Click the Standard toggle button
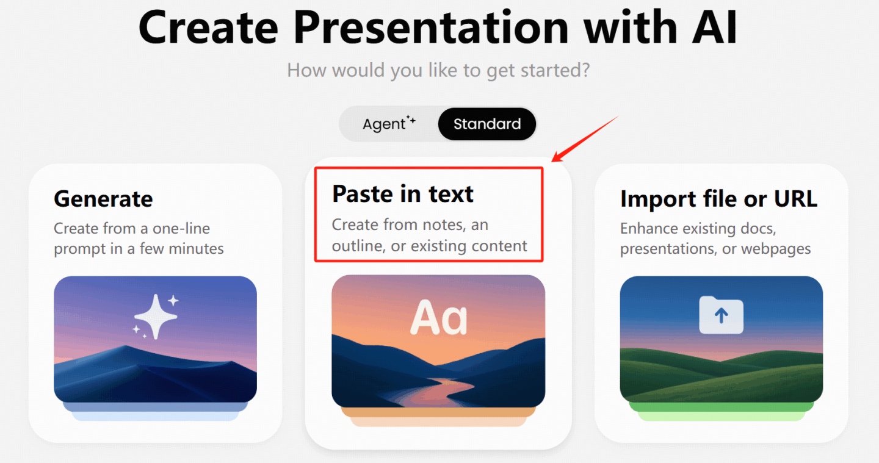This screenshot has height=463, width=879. click(x=487, y=124)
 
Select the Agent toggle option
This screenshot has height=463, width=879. click(x=388, y=124)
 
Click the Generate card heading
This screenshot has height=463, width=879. click(x=103, y=199)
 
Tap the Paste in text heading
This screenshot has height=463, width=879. click(x=403, y=193)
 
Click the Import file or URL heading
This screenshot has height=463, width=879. click(x=718, y=199)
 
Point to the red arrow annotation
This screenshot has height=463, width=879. click(x=585, y=138)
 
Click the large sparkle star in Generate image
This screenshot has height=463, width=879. click(x=156, y=317)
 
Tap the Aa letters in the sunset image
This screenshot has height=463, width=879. click(x=439, y=318)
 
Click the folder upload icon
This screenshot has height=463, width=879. click(x=722, y=315)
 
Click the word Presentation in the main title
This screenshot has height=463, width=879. click(x=430, y=27)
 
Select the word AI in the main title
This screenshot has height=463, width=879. click(x=715, y=27)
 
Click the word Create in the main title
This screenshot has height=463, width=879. click(x=208, y=27)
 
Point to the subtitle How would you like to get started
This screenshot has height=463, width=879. click(x=438, y=70)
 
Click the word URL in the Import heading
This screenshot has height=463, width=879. click(x=795, y=199)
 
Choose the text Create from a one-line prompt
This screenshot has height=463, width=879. click(x=139, y=239)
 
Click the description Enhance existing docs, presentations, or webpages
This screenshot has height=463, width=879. click(x=715, y=239)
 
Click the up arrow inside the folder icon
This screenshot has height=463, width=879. click(x=722, y=315)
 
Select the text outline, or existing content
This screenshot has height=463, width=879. click(x=429, y=246)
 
